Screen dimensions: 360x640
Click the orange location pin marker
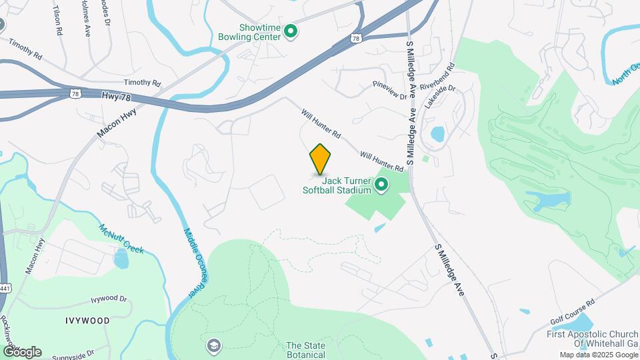tap(320, 159)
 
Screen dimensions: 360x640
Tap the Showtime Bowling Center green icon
tap(291, 31)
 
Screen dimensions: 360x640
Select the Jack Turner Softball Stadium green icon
tap(381, 185)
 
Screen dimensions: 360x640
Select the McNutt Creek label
tap(122, 238)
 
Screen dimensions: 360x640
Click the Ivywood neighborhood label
tap(87, 321)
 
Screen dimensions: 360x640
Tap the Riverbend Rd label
tap(441, 77)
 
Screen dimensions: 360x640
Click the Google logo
tap(21, 352)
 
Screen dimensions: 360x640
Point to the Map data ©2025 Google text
tap(597, 355)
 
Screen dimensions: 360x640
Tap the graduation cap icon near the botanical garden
tap(213, 345)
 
